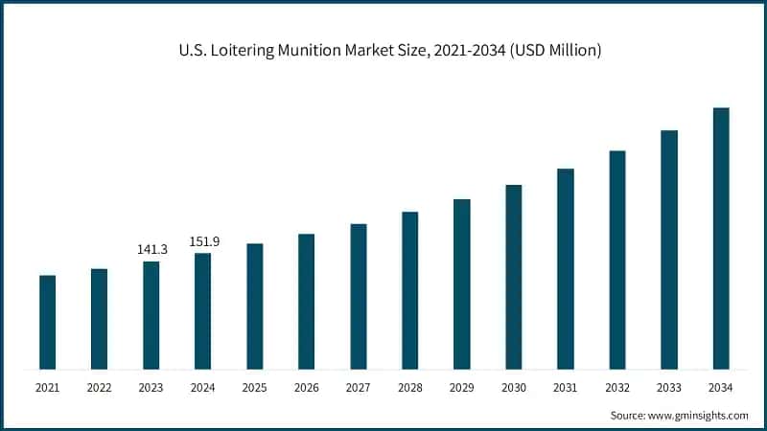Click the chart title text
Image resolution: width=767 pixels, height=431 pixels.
point(383,51)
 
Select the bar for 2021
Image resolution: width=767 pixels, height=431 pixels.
point(47,322)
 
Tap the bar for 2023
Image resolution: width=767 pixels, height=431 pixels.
point(151,315)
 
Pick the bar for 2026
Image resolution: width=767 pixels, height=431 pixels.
point(307,301)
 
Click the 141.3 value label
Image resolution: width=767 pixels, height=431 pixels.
point(151,249)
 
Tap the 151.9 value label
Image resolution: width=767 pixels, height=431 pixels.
point(203,241)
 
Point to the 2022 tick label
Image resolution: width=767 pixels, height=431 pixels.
point(99,388)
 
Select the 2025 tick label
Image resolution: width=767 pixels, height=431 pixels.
point(254,388)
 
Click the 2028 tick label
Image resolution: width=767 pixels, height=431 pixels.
point(409,388)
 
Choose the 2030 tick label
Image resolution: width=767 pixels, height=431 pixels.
point(513,388)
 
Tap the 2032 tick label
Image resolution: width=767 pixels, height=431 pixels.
point(616,388)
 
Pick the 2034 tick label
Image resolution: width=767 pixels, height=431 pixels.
point(720,388)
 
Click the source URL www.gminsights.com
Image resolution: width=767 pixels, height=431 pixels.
point(700,416)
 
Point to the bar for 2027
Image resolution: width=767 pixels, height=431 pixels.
point(359,296)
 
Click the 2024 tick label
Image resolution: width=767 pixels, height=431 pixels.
point(202,388)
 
